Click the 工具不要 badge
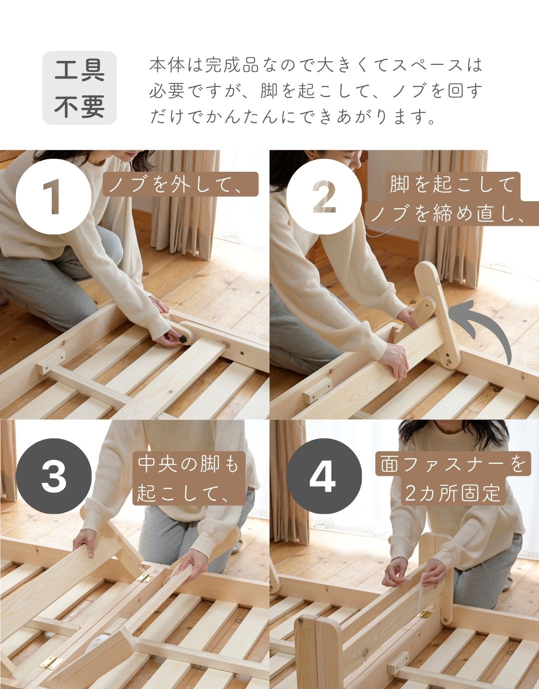(79, 88)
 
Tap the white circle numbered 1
(54, 197)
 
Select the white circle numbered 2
(324, 197)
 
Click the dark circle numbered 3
(54, 476)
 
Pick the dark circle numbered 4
(324, 476)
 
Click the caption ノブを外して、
(181, 184)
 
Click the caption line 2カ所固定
(452, 493)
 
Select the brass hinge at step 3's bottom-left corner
(50, 663)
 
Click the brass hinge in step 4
(425, 614)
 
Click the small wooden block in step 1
(50, 362)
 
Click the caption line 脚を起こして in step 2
(452, 184)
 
